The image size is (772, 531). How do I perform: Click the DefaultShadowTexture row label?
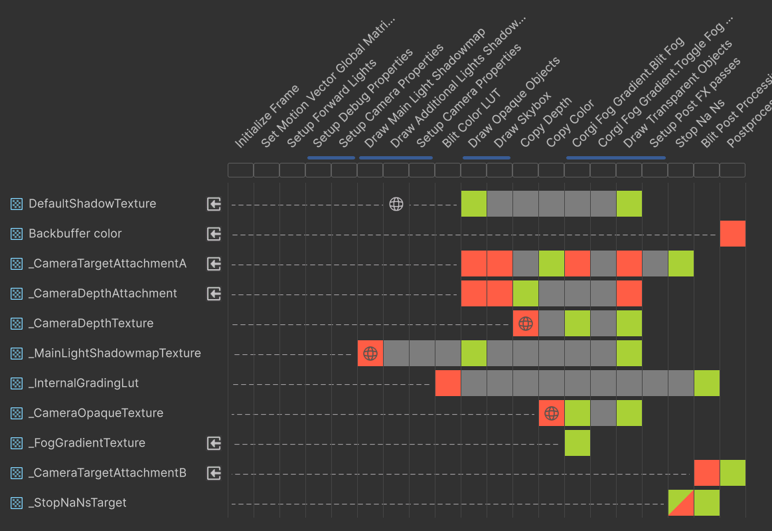pos(92,204)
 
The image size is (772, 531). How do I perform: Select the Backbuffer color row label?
pos(75,234)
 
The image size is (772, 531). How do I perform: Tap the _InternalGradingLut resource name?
pos(84,383)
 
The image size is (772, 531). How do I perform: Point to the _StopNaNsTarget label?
pos(77,503)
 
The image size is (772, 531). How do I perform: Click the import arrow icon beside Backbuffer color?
pos(214,234)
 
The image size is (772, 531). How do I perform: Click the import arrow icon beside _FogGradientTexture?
pos(214,443)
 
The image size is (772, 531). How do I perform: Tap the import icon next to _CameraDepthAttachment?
pos(214,294)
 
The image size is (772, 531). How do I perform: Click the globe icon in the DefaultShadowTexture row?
pos(396,204)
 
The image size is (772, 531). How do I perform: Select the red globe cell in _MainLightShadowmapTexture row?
pos(370,354)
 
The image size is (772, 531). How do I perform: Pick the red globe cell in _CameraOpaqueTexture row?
pos(552,413)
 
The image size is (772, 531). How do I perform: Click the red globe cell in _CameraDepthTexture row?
pos(526,324)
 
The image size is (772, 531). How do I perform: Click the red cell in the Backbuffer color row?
pos(733,234)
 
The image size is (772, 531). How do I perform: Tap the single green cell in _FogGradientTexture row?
pos(578,443)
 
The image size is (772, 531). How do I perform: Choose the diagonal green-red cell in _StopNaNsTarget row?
pos(681,503)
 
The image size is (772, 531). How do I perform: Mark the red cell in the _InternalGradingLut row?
pos(448,383)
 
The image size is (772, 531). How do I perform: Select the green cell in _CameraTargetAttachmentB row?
pos(733,473)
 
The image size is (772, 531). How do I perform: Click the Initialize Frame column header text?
pos(267,117)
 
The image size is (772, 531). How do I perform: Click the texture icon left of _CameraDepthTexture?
pos(17,324)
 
